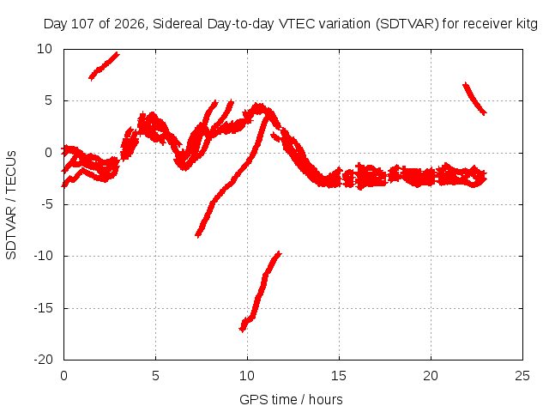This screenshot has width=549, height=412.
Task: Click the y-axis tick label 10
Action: tap(45, 49)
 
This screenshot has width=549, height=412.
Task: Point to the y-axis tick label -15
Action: tap(43, 308)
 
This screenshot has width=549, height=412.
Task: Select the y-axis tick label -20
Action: tap(43, 360)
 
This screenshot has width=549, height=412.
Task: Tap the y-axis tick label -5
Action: tap(47, 204)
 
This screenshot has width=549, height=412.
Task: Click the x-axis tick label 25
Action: tap(522, 376)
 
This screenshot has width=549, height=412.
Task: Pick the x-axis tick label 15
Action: tap(339, 376)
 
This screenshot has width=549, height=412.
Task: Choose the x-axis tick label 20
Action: tap(431, 376)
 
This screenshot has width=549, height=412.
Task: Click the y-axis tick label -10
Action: tap(43, 256)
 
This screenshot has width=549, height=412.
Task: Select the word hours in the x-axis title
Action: tap(326, 400)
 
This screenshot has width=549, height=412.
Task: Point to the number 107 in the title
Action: tap(82, 24)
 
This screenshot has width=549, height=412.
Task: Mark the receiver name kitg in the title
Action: tap(527, 24)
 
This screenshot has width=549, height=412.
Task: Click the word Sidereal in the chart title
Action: tap(178, 24)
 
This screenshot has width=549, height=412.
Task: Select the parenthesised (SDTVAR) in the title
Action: tap(407, 24)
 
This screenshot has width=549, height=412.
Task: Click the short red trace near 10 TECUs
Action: tap(105, 66)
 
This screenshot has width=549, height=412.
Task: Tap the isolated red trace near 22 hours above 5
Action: tap(474, 99)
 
